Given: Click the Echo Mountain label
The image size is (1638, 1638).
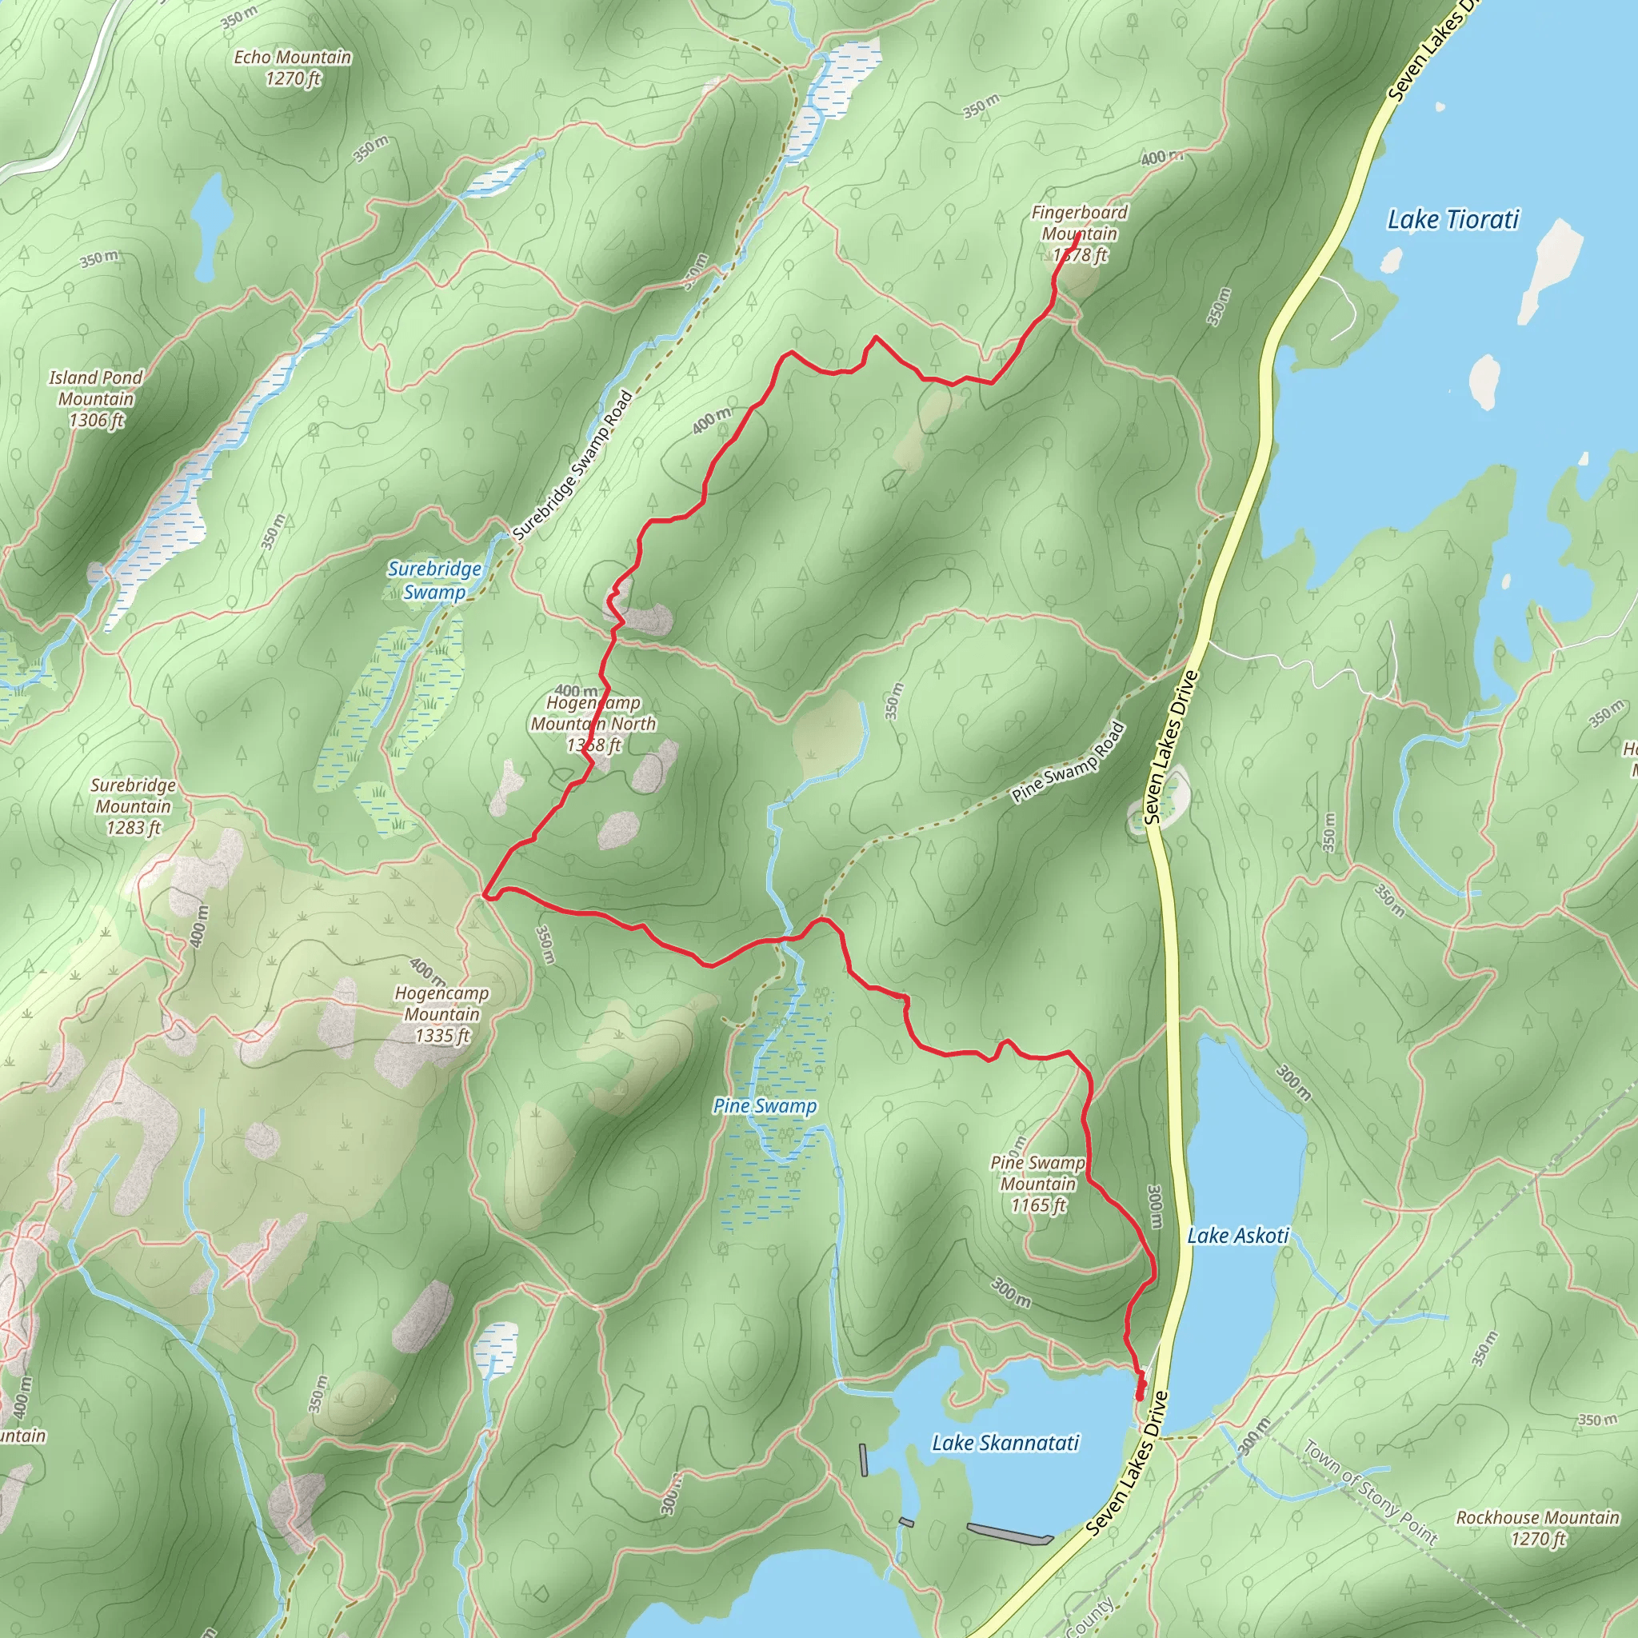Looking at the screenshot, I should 293,68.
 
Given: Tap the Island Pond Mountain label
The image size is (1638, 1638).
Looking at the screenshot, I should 96,398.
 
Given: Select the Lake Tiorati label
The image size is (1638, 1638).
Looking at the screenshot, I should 1452,220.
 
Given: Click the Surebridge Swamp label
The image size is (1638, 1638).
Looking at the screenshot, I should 434,580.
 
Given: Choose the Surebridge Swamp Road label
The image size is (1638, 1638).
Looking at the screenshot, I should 573,465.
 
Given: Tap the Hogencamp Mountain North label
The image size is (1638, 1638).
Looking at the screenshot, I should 593,724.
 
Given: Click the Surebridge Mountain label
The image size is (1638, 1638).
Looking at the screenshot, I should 133,806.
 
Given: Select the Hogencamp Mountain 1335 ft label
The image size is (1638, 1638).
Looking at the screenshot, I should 441,1014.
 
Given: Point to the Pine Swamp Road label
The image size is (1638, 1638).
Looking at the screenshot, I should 1069,761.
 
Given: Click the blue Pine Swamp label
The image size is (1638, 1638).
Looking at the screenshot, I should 765,1105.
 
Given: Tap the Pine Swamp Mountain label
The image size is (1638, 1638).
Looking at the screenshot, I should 1037,1184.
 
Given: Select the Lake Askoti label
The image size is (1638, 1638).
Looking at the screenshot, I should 1238,1235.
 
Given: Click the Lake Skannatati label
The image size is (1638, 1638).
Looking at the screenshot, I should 1005,1442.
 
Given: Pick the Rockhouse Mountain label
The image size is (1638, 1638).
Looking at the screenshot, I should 1537,1527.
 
